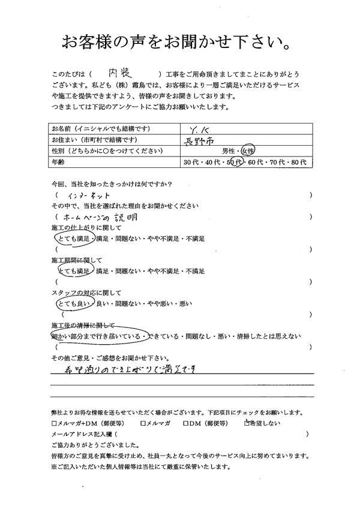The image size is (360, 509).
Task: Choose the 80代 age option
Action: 298,162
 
